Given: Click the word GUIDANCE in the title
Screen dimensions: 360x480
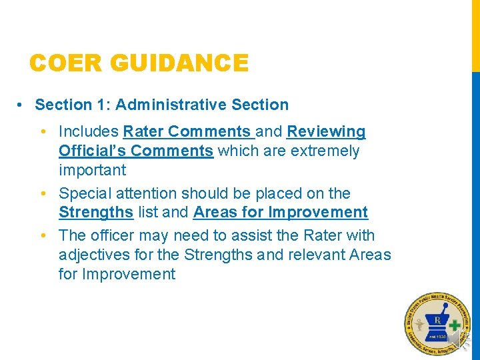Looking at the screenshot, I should [x=181, y=63].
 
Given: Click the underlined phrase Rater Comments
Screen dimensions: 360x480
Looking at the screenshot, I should [x=187, y=131].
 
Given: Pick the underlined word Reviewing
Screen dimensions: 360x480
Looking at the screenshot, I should [x=326, y=131].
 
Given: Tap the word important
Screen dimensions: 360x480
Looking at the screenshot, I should [x=92, y=170].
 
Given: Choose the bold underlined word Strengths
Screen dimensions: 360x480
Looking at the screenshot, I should [x=96, y=213].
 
